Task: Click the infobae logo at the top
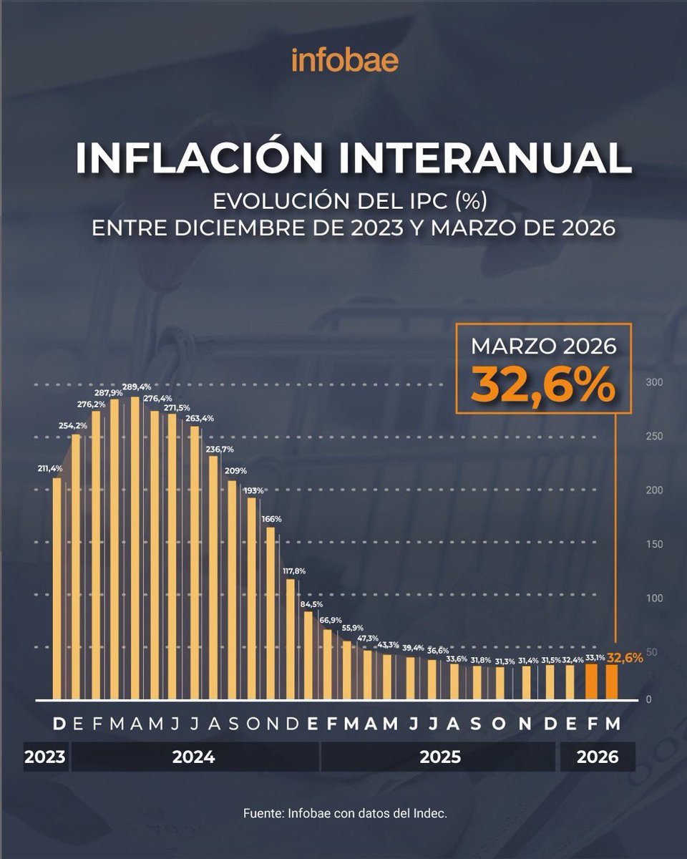344,60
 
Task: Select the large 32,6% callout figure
543,386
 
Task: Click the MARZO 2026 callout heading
543,347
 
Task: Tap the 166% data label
271,518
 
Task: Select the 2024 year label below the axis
193,757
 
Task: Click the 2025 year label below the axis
439,757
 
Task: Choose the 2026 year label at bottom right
597,757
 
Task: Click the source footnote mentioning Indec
345,814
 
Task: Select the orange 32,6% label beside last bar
625,656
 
